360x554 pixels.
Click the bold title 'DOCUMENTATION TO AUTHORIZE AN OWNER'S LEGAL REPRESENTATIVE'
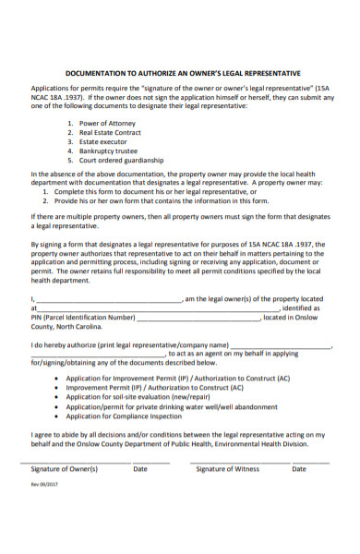183,72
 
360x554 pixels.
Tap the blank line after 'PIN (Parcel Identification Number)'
198,319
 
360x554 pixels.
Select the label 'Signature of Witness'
228,469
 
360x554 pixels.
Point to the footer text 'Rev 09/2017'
44,481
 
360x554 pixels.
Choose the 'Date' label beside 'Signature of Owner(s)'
140,469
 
